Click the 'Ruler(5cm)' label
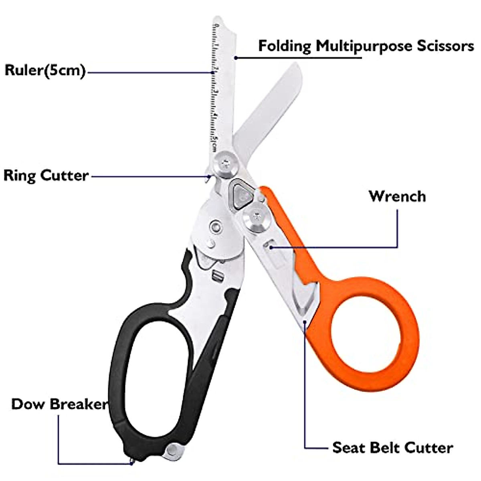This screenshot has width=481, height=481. (45, 71)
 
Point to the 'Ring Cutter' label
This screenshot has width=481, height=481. (46, 176)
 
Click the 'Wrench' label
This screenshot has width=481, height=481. (397, 196)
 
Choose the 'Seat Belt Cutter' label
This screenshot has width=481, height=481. (392, 447)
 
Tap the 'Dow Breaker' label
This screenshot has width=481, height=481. (59, 404)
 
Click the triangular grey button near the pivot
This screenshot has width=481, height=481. (240, 194)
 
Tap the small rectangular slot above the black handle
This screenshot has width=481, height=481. (218, 276)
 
